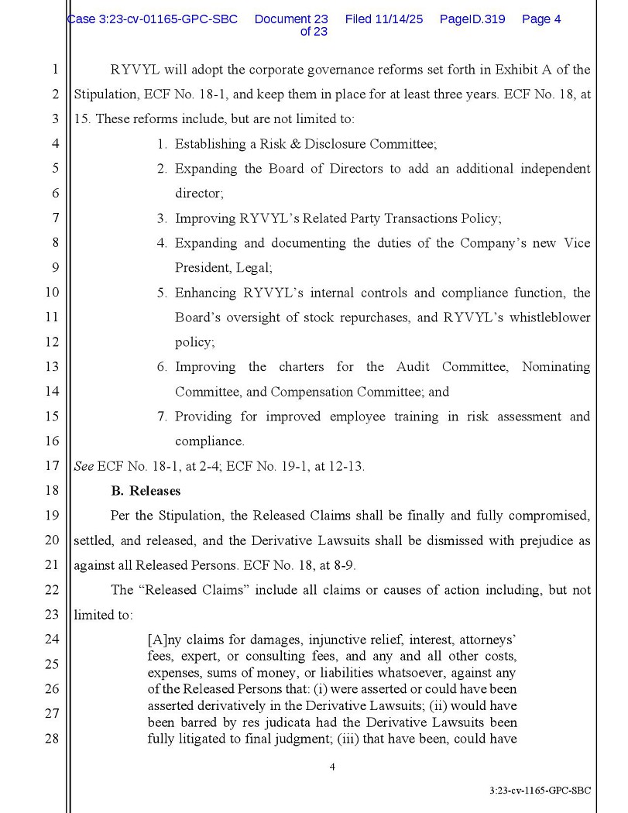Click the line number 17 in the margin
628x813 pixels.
point(52,466)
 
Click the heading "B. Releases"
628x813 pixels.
point(146,491)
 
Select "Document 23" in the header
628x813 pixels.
point(291,19)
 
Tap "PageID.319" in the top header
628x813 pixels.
point(472,19)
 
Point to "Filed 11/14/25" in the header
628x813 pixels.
point(384,19)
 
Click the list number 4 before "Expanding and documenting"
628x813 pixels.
point(162,243)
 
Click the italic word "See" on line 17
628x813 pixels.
point(83,466)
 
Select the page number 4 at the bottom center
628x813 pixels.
point(332,767)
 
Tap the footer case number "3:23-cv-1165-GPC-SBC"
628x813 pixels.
point(540,791)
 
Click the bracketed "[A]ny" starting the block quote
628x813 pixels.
point(165,640)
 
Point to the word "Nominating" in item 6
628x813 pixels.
point(556,367)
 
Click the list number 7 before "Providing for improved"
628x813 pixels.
point(162,417)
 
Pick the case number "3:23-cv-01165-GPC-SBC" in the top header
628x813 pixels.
point(153,19)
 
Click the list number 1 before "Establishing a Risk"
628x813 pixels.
point(162,144)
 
